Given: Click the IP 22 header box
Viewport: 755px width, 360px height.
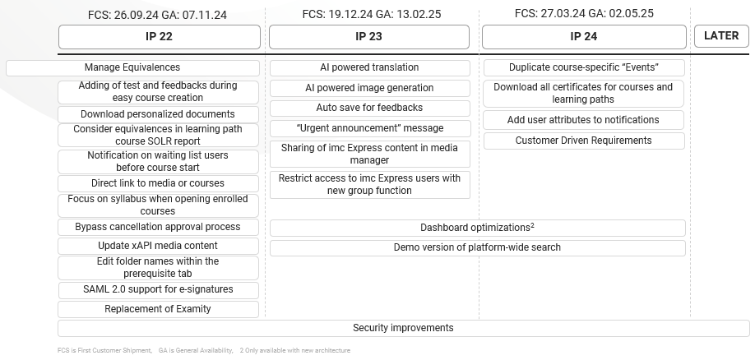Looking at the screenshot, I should tap(159, 37).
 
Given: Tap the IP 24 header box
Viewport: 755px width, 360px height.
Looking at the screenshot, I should tap(583, 37).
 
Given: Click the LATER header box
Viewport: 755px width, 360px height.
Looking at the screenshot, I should tap(721, 36).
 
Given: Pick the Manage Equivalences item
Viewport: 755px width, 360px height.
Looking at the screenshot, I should tap(132, 68).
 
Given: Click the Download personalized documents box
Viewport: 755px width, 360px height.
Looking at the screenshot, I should tap(158, 114).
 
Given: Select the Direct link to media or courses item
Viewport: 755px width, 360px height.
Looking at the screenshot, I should tap(158, 183).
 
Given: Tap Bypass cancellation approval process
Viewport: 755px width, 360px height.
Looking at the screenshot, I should tap(158, 227).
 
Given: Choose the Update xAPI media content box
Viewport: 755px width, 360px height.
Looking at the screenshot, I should tap(158, 246).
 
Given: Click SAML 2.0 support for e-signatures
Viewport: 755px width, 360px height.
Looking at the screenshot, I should tap(158, 289).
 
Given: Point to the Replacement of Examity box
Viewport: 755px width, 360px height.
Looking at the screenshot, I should tap(158, 309).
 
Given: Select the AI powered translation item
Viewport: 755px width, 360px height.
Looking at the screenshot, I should tap(369, 68).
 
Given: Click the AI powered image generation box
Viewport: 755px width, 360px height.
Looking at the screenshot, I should tap(369, 88).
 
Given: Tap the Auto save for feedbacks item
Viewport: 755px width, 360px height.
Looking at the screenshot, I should tap(369, 108).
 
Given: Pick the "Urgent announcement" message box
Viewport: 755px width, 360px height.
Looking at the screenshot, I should tap(369, 128).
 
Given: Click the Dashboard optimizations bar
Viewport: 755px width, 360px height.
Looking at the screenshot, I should tap(477, 228).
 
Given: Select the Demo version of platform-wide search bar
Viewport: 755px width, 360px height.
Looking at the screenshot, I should tap(477, 247).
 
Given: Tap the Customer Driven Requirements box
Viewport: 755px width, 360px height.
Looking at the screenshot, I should tap(583, 141).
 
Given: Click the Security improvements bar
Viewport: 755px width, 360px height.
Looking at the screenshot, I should tap(403, 328).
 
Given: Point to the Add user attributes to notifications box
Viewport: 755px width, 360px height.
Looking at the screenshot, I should tap(583, 120).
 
